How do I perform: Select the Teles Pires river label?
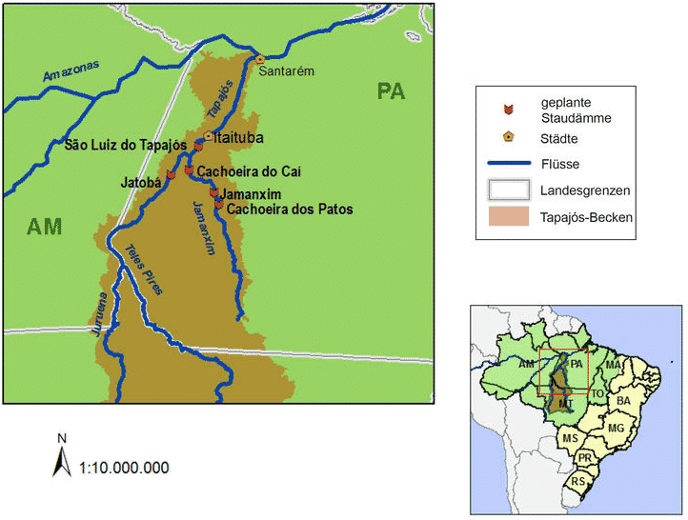tap(144, 270)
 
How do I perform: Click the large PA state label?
tap(391, 91)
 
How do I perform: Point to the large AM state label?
tap(44, 227)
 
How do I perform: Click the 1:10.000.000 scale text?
tap(125, 468)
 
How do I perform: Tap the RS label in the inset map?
tap(578, 482)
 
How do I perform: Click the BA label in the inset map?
tap(624, 402)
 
